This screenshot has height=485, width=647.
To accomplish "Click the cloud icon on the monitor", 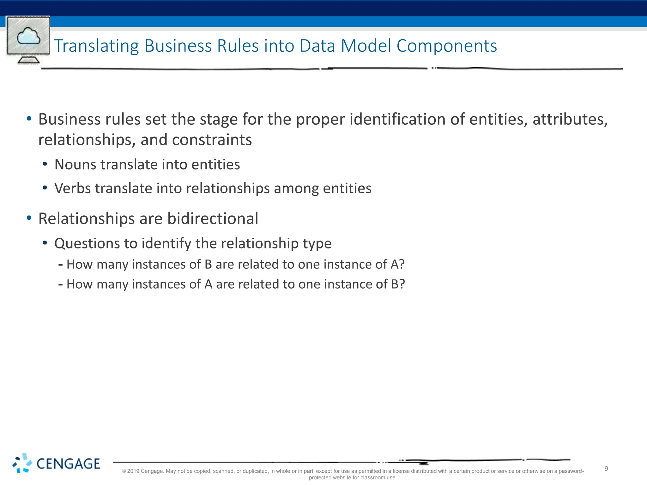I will pyautogui.click(x=28, y=36).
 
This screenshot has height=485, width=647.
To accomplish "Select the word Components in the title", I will pyautogui.click(x=446, y=46).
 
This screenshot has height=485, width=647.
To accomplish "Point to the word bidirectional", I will pyautogui.click(x=213, y=219).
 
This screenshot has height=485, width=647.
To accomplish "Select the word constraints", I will pyautogui.click(x=212, y=140).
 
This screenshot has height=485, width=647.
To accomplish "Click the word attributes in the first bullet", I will pyautogui.click(x=570, y=119).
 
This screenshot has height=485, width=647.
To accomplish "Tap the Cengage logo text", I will pyautogui.click(x=68, y=464).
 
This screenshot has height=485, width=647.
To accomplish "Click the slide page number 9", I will pyautogui.click(x=606, y=469).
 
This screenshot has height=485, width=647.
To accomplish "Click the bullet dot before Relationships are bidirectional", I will pyautogui.click(x=29, y=218).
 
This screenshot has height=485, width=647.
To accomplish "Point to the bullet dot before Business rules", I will pyautogui.click(x=29, y=119).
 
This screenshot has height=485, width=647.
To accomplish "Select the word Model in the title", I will pyautogui.click(x=366, y=46).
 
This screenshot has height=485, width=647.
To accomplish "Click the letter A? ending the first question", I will pyautogui.click(x=397, y=264).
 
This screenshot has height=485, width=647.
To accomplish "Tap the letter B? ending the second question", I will pyautogui.click(x=398, y=284).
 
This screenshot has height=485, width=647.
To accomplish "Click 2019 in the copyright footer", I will pyautogui.click(x=133, y=471).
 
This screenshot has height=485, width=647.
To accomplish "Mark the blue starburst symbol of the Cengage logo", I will pyautogui.click(x=22, y=463).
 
